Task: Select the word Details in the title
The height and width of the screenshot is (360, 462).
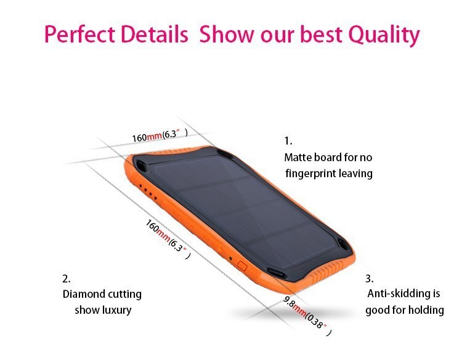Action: click(155, 34)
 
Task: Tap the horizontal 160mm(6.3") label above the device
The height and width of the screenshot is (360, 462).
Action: click(160, 135)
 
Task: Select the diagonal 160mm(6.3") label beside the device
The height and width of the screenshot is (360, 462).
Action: click(168, 239)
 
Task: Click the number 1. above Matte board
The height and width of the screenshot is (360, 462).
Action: click(288, 141)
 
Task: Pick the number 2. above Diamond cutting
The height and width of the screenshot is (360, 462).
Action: click(67, 279)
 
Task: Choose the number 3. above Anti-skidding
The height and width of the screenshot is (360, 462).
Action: click(370, 279)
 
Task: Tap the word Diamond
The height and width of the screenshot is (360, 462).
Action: click(83, 294)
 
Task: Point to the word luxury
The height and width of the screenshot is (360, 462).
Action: click(117, 310)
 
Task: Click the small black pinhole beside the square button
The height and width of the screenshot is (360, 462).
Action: click(230, 258)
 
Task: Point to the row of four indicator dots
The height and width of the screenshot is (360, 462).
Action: click(148, 191)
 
